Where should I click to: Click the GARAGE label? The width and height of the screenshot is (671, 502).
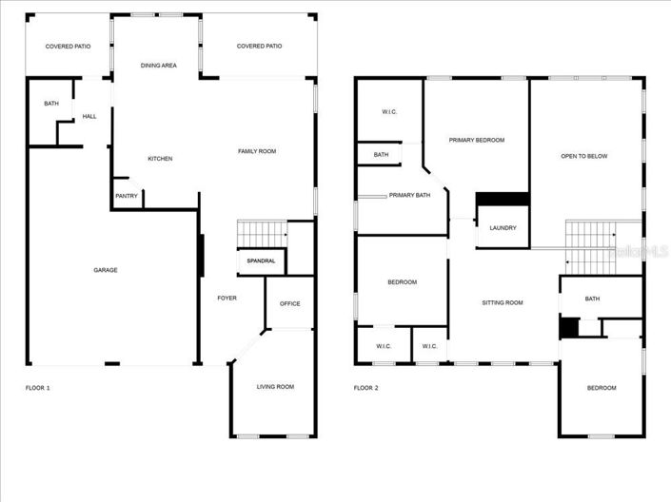click(106, 270)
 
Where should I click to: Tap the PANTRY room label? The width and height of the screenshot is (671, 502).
click(127, 197)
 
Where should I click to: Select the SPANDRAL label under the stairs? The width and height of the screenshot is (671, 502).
click(261, 261)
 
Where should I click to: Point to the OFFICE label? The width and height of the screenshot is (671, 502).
click(290, 304)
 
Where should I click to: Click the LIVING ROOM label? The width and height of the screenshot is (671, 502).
click(276, 387)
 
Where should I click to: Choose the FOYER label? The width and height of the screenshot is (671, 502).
click(227, 298)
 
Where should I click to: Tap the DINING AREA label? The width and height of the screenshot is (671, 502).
click(158, 66)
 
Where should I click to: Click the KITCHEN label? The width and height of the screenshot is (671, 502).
click(160, 158)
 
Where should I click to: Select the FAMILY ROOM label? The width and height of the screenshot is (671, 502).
click(257, 151)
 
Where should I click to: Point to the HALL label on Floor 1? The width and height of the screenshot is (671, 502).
click(89, 117)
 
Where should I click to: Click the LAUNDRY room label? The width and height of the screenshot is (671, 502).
click(503, 228)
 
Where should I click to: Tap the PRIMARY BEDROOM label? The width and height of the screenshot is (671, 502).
click(477, 140)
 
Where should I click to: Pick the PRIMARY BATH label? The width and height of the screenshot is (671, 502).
click(409, 196)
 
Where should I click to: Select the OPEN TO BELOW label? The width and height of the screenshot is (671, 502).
click(583, 156)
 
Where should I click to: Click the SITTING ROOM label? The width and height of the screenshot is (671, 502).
click(503, 303)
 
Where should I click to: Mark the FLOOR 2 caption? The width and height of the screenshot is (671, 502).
click(366, 388)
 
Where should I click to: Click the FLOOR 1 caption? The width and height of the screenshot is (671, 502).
click(38, 388)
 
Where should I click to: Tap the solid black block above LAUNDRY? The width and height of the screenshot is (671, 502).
click(502, 199)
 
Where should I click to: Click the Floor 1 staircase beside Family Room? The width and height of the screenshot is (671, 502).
click(262, 232)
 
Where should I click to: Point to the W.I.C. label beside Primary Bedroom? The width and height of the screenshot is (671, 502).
click(389, 112)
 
